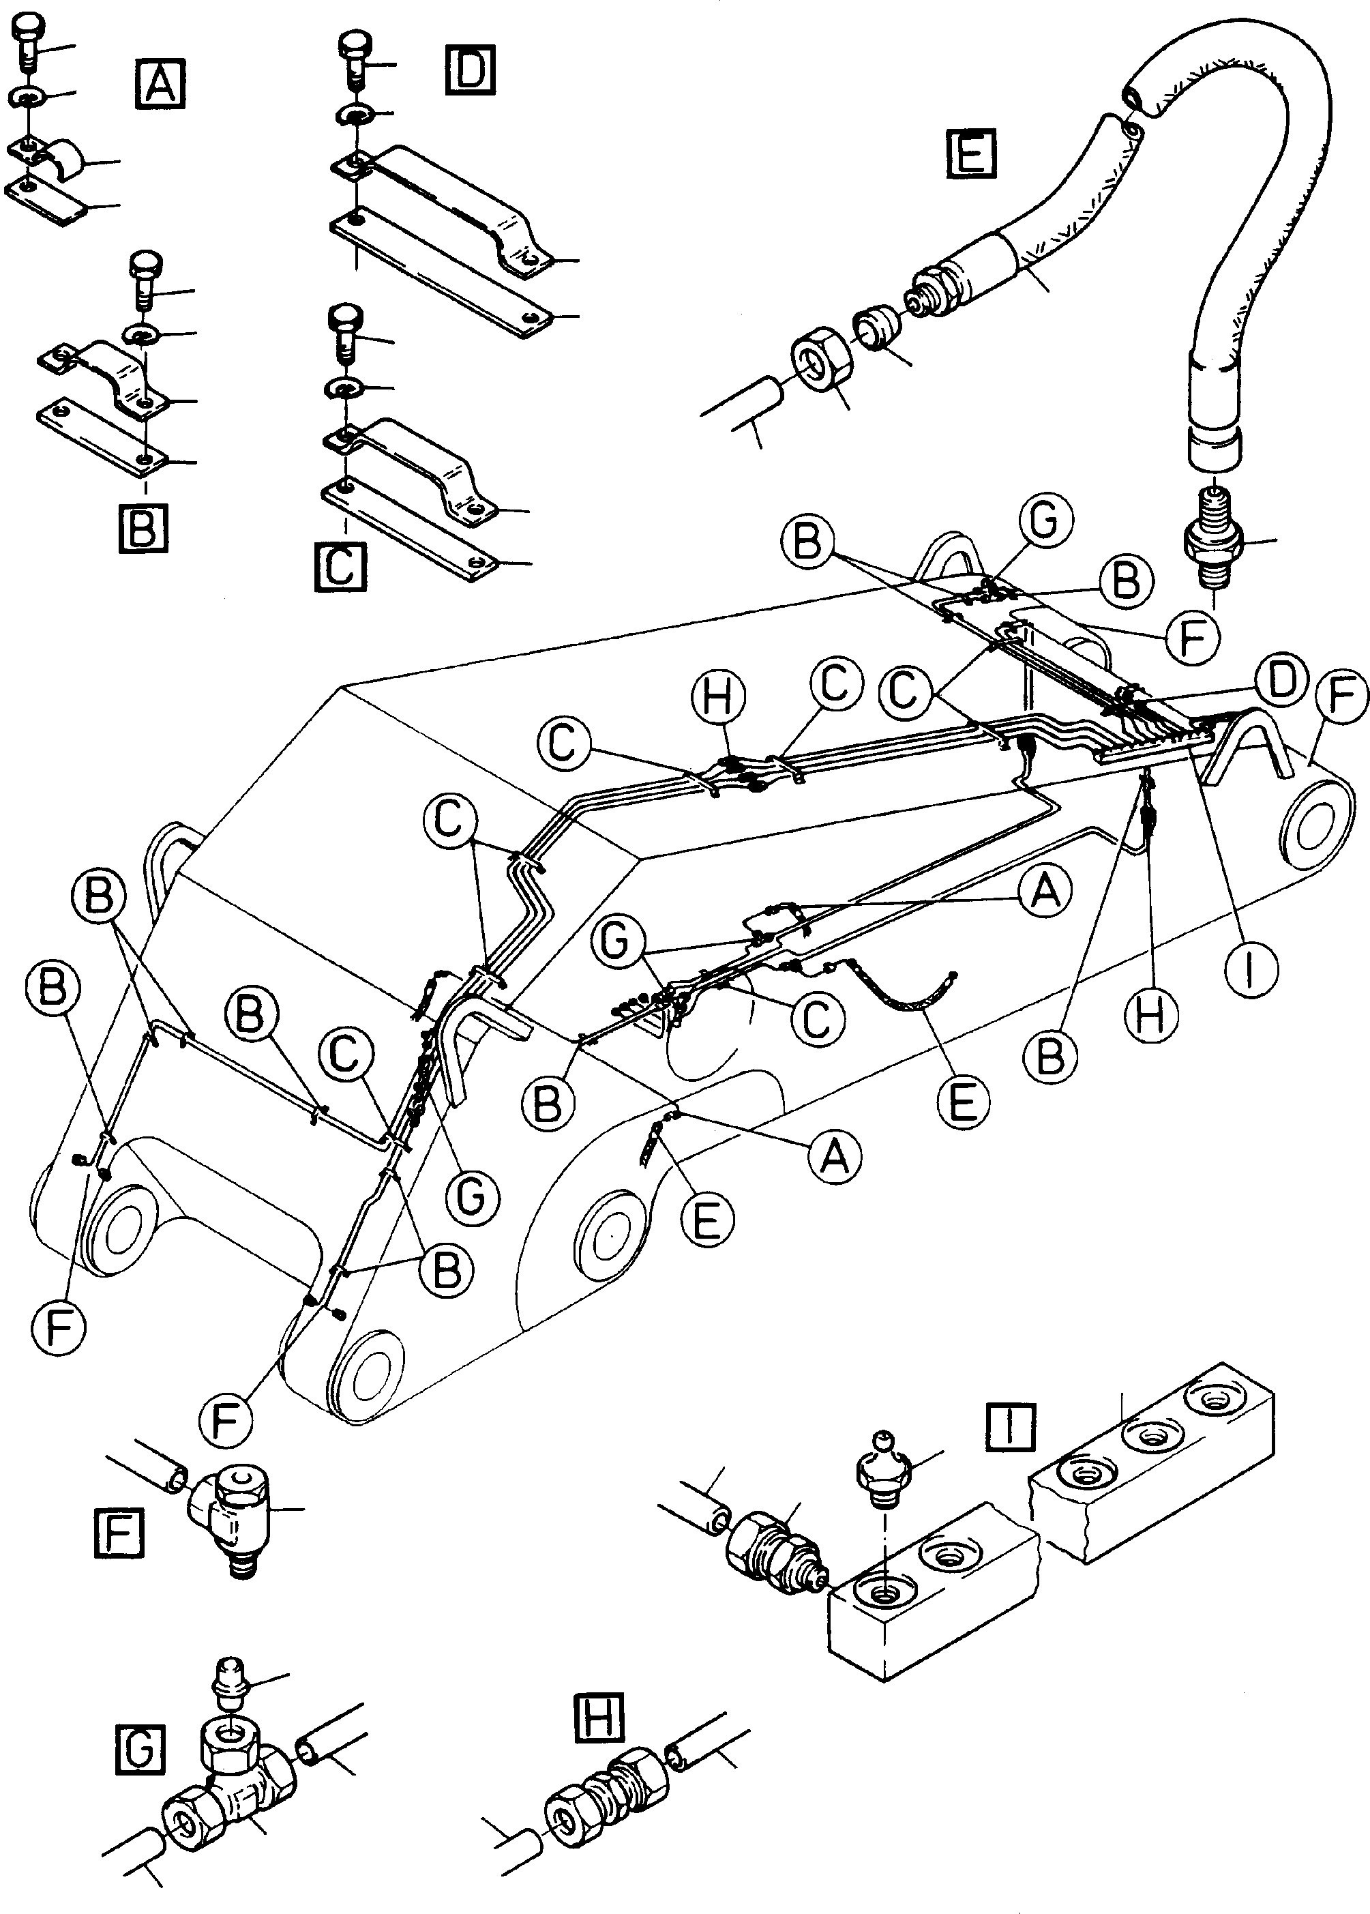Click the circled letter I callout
(x=1251, y=971)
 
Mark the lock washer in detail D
(x=359, y=113)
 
